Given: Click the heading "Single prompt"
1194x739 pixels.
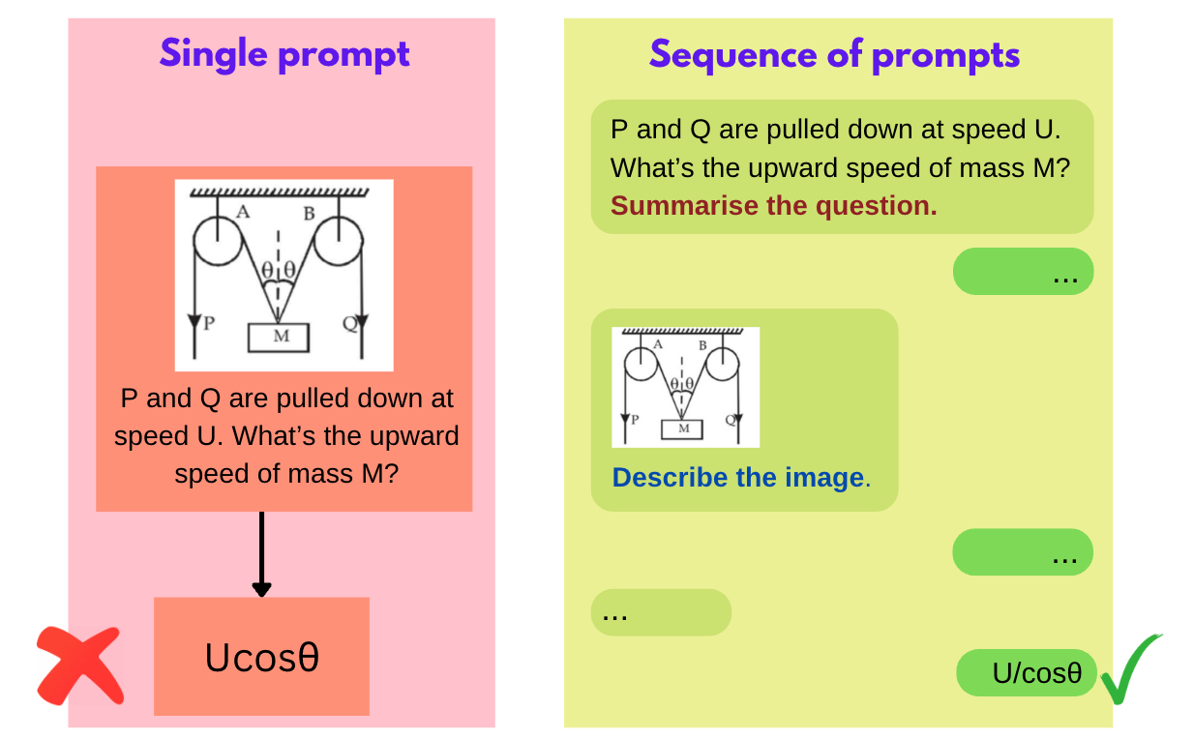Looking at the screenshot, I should [x=284, y=54].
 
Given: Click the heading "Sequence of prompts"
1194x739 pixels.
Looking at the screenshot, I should [x=834, y=54].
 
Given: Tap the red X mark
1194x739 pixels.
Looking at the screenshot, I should [x=80, y=665].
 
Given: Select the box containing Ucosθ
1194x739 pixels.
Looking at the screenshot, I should [x=261, y=657].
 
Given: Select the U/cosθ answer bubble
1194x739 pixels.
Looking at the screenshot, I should [x=1027, y=673].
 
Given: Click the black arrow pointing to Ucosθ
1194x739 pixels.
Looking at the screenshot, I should [x=261, y=555].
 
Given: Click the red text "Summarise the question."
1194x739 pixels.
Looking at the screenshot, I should [x=773, y=206].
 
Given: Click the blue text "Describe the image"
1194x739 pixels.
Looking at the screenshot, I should [x=737, y=478].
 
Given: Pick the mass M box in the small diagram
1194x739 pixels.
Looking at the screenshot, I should [x=683, y=428].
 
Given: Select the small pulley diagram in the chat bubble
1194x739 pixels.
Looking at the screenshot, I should [x=685, y=387].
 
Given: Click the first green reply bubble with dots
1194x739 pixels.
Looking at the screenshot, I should [x=1023, y=272].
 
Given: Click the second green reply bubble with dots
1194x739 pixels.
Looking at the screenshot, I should [x=1023, y=552].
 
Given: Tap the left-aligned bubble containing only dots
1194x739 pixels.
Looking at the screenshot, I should [x=661, y=612].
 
